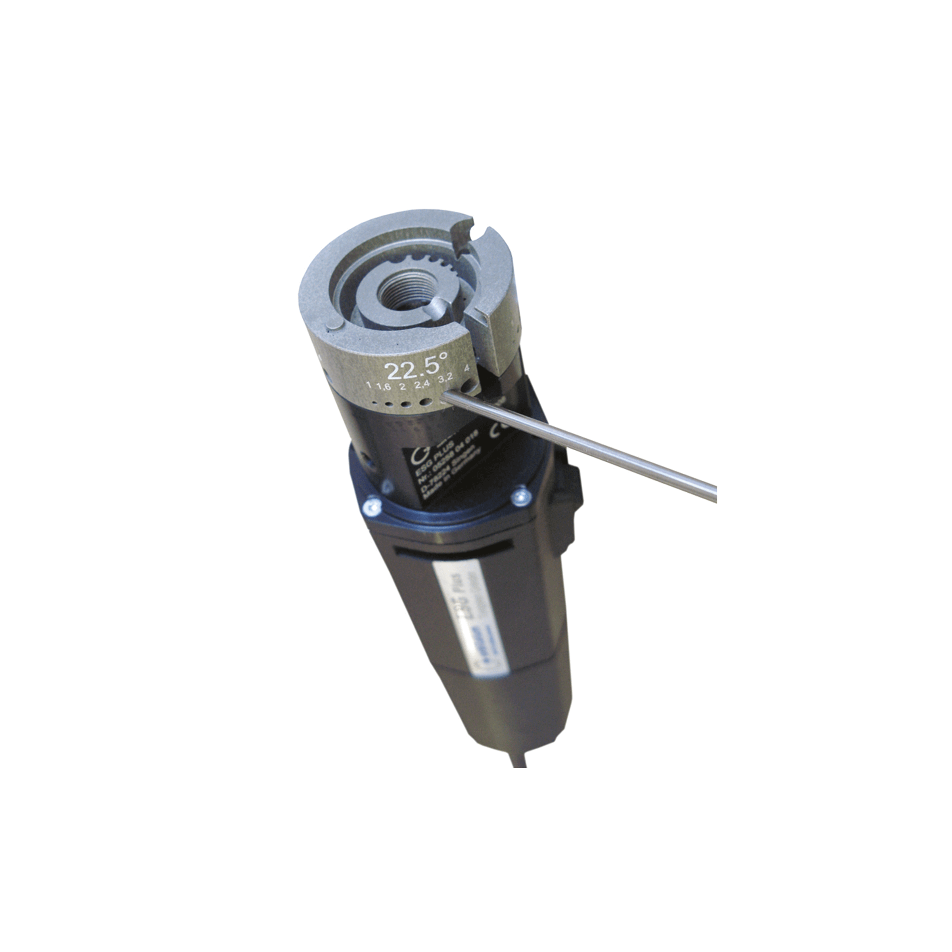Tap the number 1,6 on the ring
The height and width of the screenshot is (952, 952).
383,387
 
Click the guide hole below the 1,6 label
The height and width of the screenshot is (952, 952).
389,405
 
